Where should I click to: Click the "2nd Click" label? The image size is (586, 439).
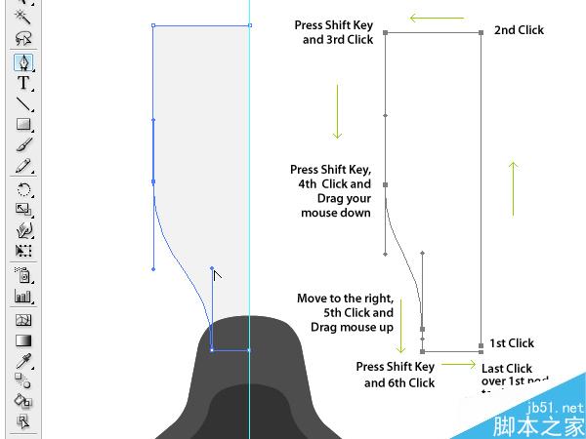[x=519, y=30]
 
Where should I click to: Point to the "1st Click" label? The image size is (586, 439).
[x=511, y=343]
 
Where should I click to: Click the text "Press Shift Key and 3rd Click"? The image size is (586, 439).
[x=334, y=32]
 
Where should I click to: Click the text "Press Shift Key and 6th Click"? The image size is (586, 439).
[x=395, y=375]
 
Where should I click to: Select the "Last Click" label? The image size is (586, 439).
[x=506, y=369]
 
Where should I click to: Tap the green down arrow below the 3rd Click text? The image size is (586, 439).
[x=337, y=110]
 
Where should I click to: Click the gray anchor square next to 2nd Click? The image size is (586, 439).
[x=481, y=33]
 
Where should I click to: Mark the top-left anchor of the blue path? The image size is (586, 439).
[x=154, y=25]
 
